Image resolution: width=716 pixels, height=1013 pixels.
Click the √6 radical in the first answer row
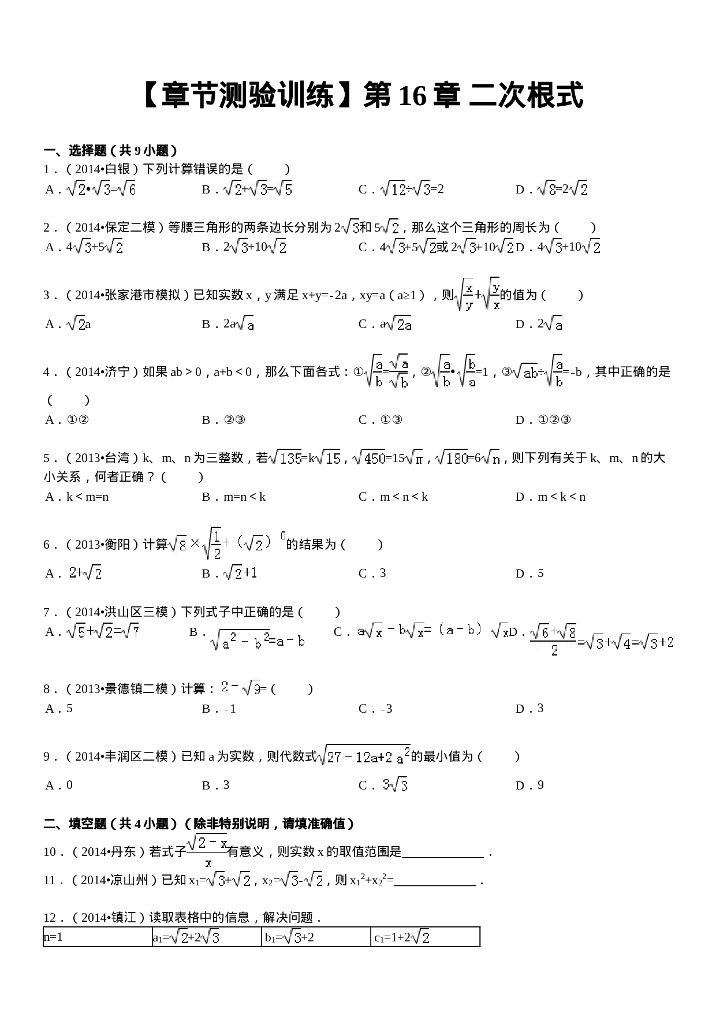pyautogui.click(x=126, y=189)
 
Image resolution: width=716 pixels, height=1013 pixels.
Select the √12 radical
pyautogui.click(x=393, y=189)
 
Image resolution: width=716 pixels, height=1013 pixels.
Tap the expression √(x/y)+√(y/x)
pyautogui.click(x=476, y=295)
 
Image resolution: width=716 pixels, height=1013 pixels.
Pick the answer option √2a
pyautogui.click(x=398, y=324)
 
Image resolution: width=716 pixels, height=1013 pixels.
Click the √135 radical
pyautogui.click(x=285, y=458)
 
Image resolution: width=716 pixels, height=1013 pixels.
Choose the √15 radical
pyautogui.click(x=327, y=458)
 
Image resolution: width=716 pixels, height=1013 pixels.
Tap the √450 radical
pyautogui.click(x=368, y=458)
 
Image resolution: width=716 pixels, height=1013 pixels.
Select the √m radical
pyautogui.click(x=413, y=458)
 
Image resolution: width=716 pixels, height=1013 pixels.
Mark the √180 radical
pyautogui.click(x=451, y=458)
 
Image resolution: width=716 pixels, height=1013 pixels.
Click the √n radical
pyautogui.click(x=490, y=458)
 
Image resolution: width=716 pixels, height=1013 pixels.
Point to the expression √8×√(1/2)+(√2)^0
pyautogui.click(x=226, y=543)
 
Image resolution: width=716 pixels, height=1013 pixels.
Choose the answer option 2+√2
pyautogui.click(x=84, y=573)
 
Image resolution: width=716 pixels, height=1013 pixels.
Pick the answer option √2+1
pyautogui.click(x=240, y=573)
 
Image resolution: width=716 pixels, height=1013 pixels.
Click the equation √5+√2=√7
pyautogui.click(x=103, y=632)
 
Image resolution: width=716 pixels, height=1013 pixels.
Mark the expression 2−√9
pyautogui.click(x=240, y=687)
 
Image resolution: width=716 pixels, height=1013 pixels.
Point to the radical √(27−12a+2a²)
pyautogui.click(x=364, y=756)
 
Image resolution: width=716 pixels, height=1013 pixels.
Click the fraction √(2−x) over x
pyautogui.click(x=207, y=851)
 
